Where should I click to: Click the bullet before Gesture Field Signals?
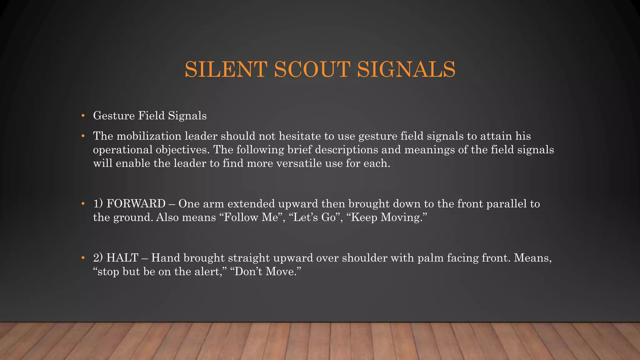pyautogui.click(x=83, y=116)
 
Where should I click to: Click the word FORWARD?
pyautogui.click(x=136, y=204)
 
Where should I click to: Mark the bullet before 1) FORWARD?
pyautogui.click(x=83, y=204)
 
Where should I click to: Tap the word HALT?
pyautogui.click(x=122, y=258)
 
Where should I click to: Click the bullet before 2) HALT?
pyautogui.click(x=83, y=258)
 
